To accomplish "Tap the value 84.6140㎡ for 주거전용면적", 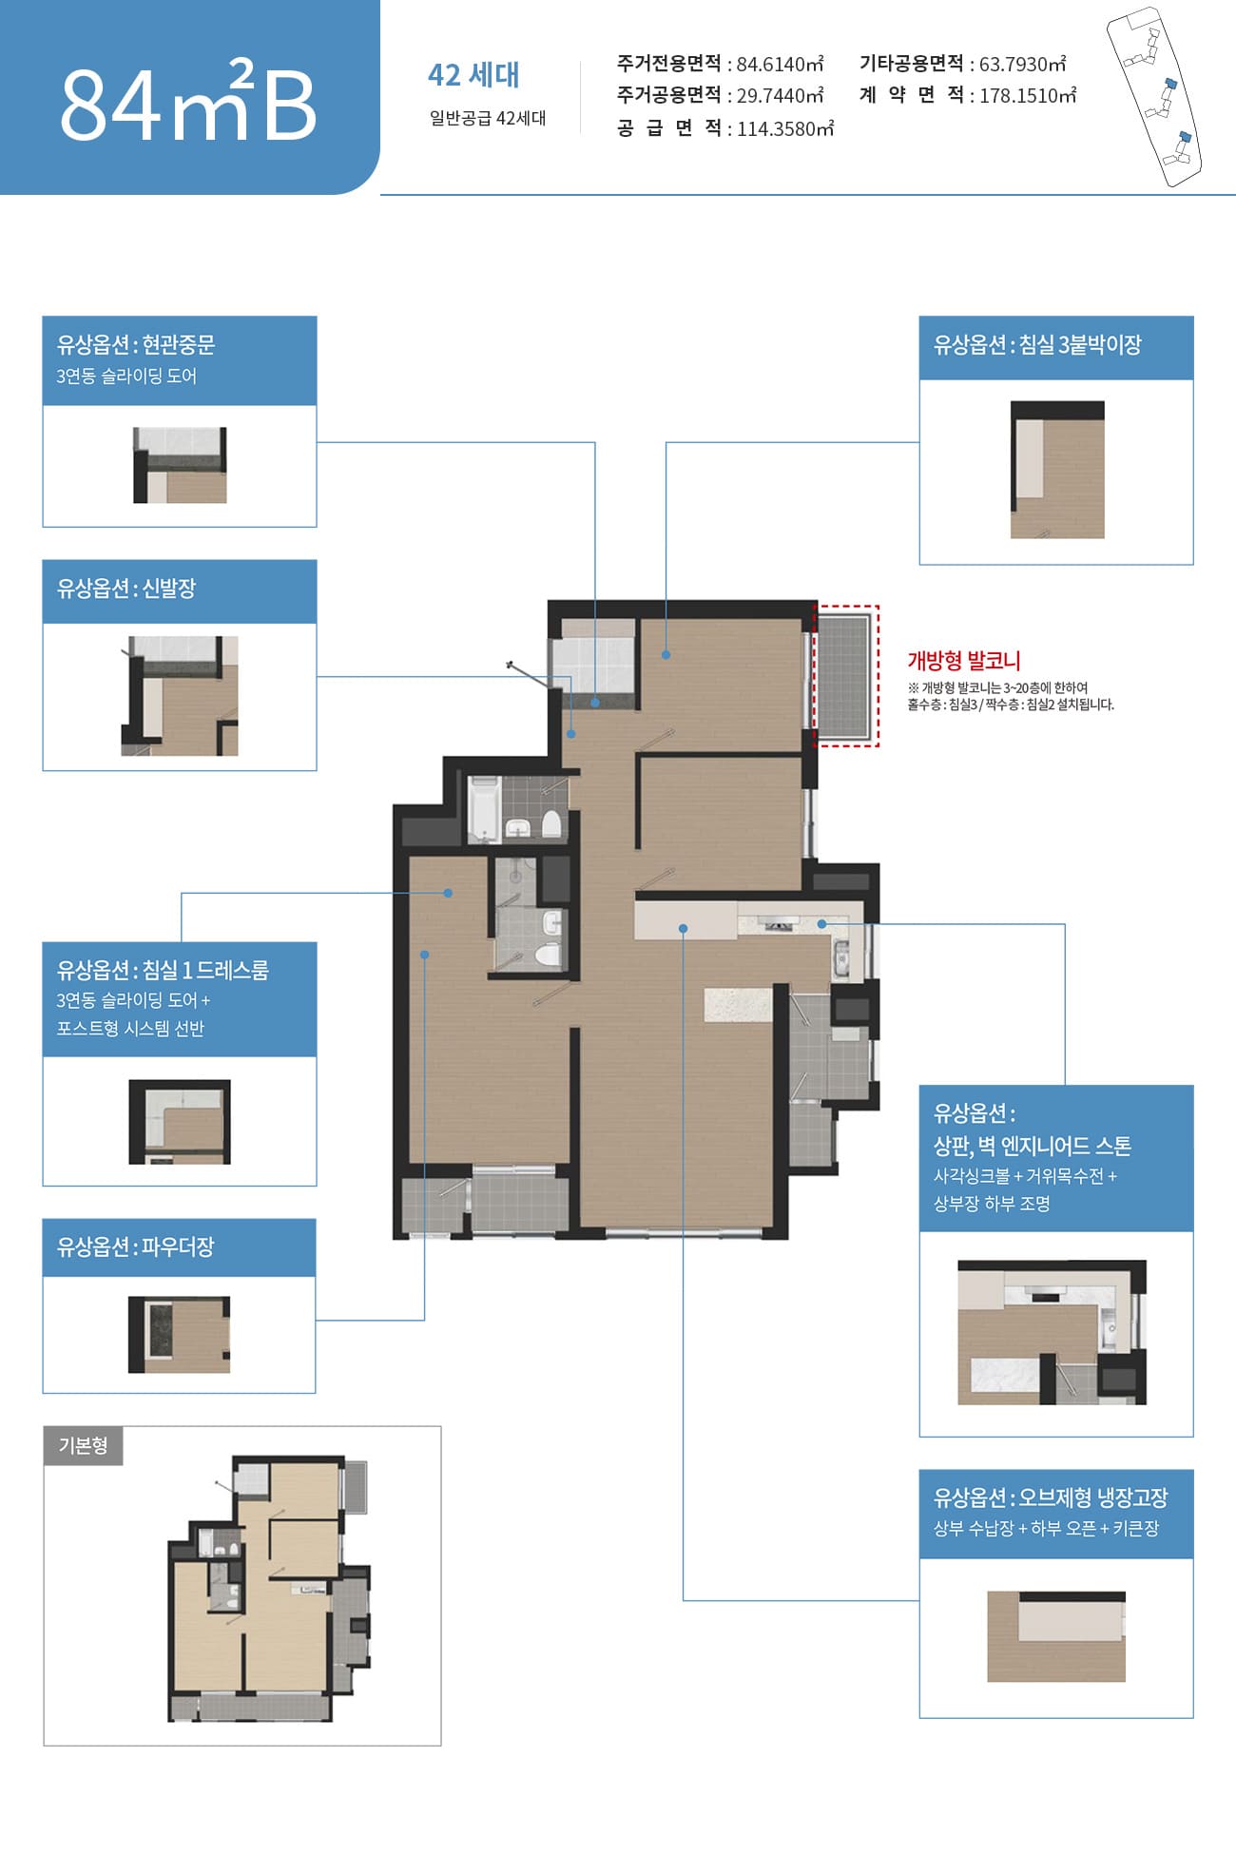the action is click(780, 65).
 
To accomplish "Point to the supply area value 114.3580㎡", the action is click(785, 129).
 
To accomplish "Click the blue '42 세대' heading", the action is click(473, 75).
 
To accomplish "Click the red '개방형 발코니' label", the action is click(963, 661).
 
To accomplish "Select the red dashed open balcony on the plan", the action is click(847, 676).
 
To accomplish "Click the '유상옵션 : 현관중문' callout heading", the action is click(136, 344).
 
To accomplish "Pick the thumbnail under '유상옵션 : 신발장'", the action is click(180, 696).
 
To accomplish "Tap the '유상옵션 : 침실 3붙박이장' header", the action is click(1037, 345).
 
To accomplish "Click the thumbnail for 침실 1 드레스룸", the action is click(180, 1122).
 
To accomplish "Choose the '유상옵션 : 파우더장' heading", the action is click(136, 1246).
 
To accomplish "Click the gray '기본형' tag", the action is click(84, 1445).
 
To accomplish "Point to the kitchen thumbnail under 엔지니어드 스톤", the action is click(1053, 1333).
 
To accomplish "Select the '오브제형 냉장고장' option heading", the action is click(1051, 1497).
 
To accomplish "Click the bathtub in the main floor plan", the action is click(484, 809).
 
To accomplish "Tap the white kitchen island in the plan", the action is click(739, 1005).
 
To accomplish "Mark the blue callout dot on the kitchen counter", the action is click(821, 924).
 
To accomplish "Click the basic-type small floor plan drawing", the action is click(269, 1588).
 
